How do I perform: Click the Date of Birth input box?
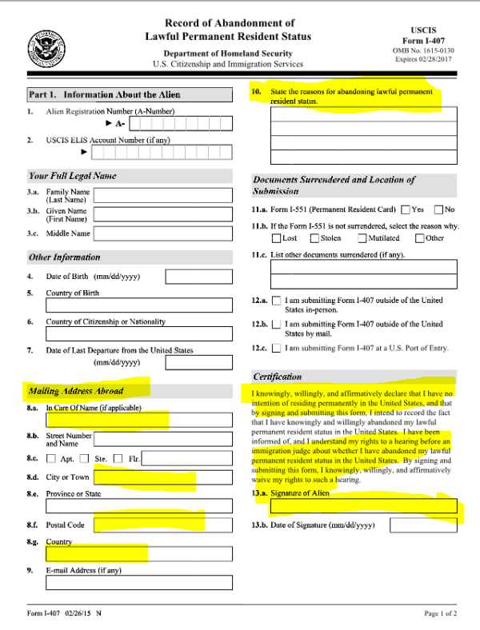[x=198, y=277]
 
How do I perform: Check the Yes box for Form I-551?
[x=406, y=209]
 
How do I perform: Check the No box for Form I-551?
[x=438, y=209]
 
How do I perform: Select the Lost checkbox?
[x=277, y=238]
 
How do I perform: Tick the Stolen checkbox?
[x=314, y=238]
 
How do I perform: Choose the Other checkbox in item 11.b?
[x=419, y=238]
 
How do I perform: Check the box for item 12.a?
[x=277, y=301]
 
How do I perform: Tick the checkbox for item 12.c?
[x=277, y=348]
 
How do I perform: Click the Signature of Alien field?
[x=364, y=505]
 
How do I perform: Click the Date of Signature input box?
[x=423, y=526]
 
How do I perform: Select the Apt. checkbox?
[x=51, y=458]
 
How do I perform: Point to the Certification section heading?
[x=278, y=377]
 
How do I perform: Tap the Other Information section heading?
[x=65, y=257]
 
